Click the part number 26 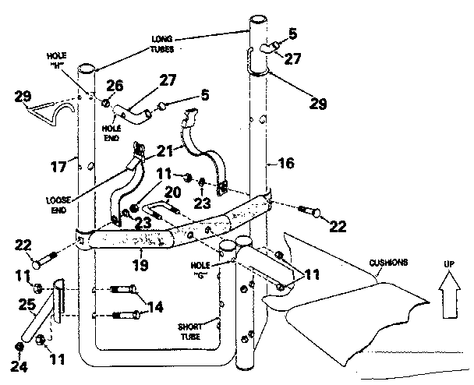(x=115, y=85)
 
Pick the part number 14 (x=154, y=306)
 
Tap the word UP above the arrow (x=448, y=265)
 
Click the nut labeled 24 (x=18, y=346)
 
